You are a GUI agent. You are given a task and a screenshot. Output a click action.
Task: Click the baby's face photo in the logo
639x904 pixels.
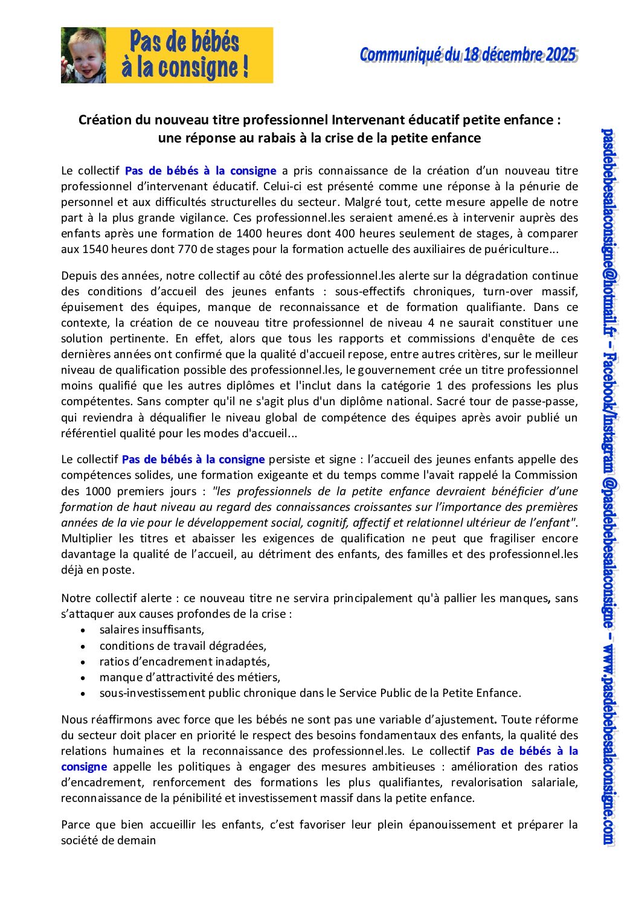(x=83, y=55)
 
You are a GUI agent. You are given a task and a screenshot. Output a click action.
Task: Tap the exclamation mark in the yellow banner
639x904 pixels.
(x=245, y=67)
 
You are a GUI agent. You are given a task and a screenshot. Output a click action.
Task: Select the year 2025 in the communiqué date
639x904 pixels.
(x=562, y=55)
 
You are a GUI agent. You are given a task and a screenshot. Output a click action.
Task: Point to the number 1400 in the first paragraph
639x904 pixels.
(x=249, y=233)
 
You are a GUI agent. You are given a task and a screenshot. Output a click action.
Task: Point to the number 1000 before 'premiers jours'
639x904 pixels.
(x=98, y=491)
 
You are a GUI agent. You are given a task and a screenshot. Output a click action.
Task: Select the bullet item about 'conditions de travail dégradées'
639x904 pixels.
(x=182, y=646)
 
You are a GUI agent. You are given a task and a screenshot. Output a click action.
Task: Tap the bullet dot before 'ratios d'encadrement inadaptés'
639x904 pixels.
(x=83, y=662)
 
